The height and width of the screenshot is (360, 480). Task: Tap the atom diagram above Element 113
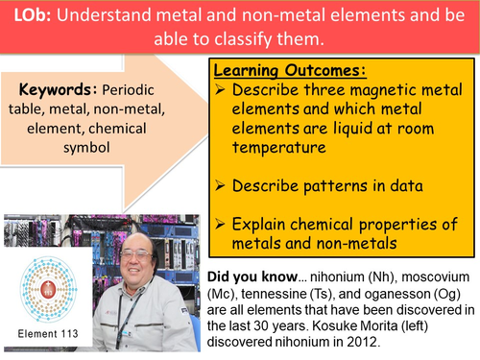point(45,291)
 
